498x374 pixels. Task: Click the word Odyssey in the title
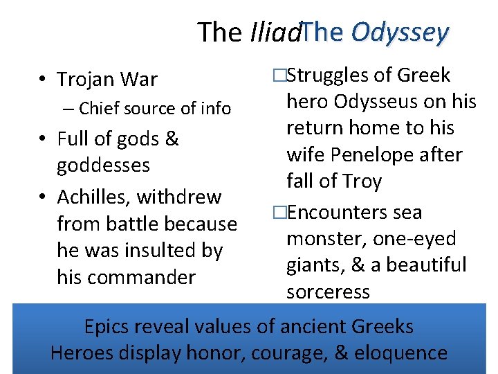pyautogui.click(x=400, y=31)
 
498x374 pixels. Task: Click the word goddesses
pyautogui.click(x=103, y=166)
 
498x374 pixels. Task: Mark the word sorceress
pyautogui.click(x=328, y=292)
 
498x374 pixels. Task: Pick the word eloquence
pyautogui.click(x=400, y=353)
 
